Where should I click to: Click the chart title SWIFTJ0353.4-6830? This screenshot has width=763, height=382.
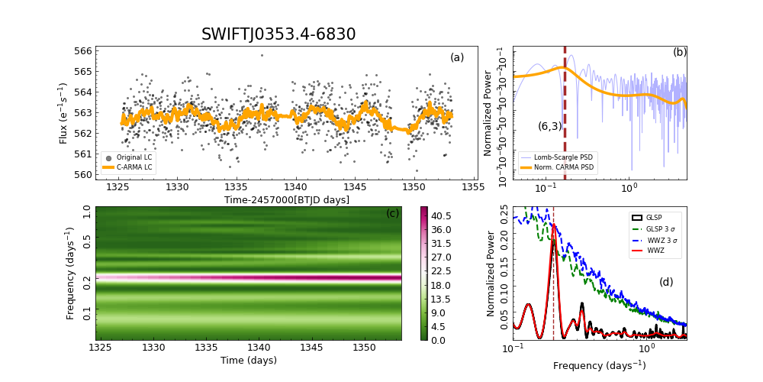coord(278,34)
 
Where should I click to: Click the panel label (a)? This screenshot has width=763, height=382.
coord(457,57)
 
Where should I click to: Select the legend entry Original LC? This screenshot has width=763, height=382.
coord(134,157)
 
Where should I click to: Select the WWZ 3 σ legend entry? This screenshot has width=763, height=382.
coord(659,239)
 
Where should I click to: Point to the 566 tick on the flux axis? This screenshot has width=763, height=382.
coord(105,51)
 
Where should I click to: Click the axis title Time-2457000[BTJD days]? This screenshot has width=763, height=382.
coord(287,200)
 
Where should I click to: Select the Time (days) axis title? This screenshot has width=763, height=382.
coord(249,361)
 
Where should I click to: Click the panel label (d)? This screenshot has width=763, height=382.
coord(666,282)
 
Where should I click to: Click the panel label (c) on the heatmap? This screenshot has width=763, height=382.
coord(393,213)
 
